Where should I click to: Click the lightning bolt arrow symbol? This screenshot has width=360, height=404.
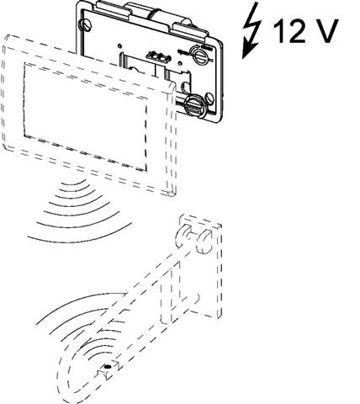[x=252, y=31]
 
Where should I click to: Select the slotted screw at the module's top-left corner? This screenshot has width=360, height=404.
[x=85, y=24]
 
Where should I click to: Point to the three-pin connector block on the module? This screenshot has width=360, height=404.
[x=159, y=56]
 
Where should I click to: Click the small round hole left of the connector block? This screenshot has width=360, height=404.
[x=119, y=45]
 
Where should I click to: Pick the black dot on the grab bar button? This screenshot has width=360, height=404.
[x=108, y=366]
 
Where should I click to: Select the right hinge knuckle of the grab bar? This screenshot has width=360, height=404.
[x=204, y=240]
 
